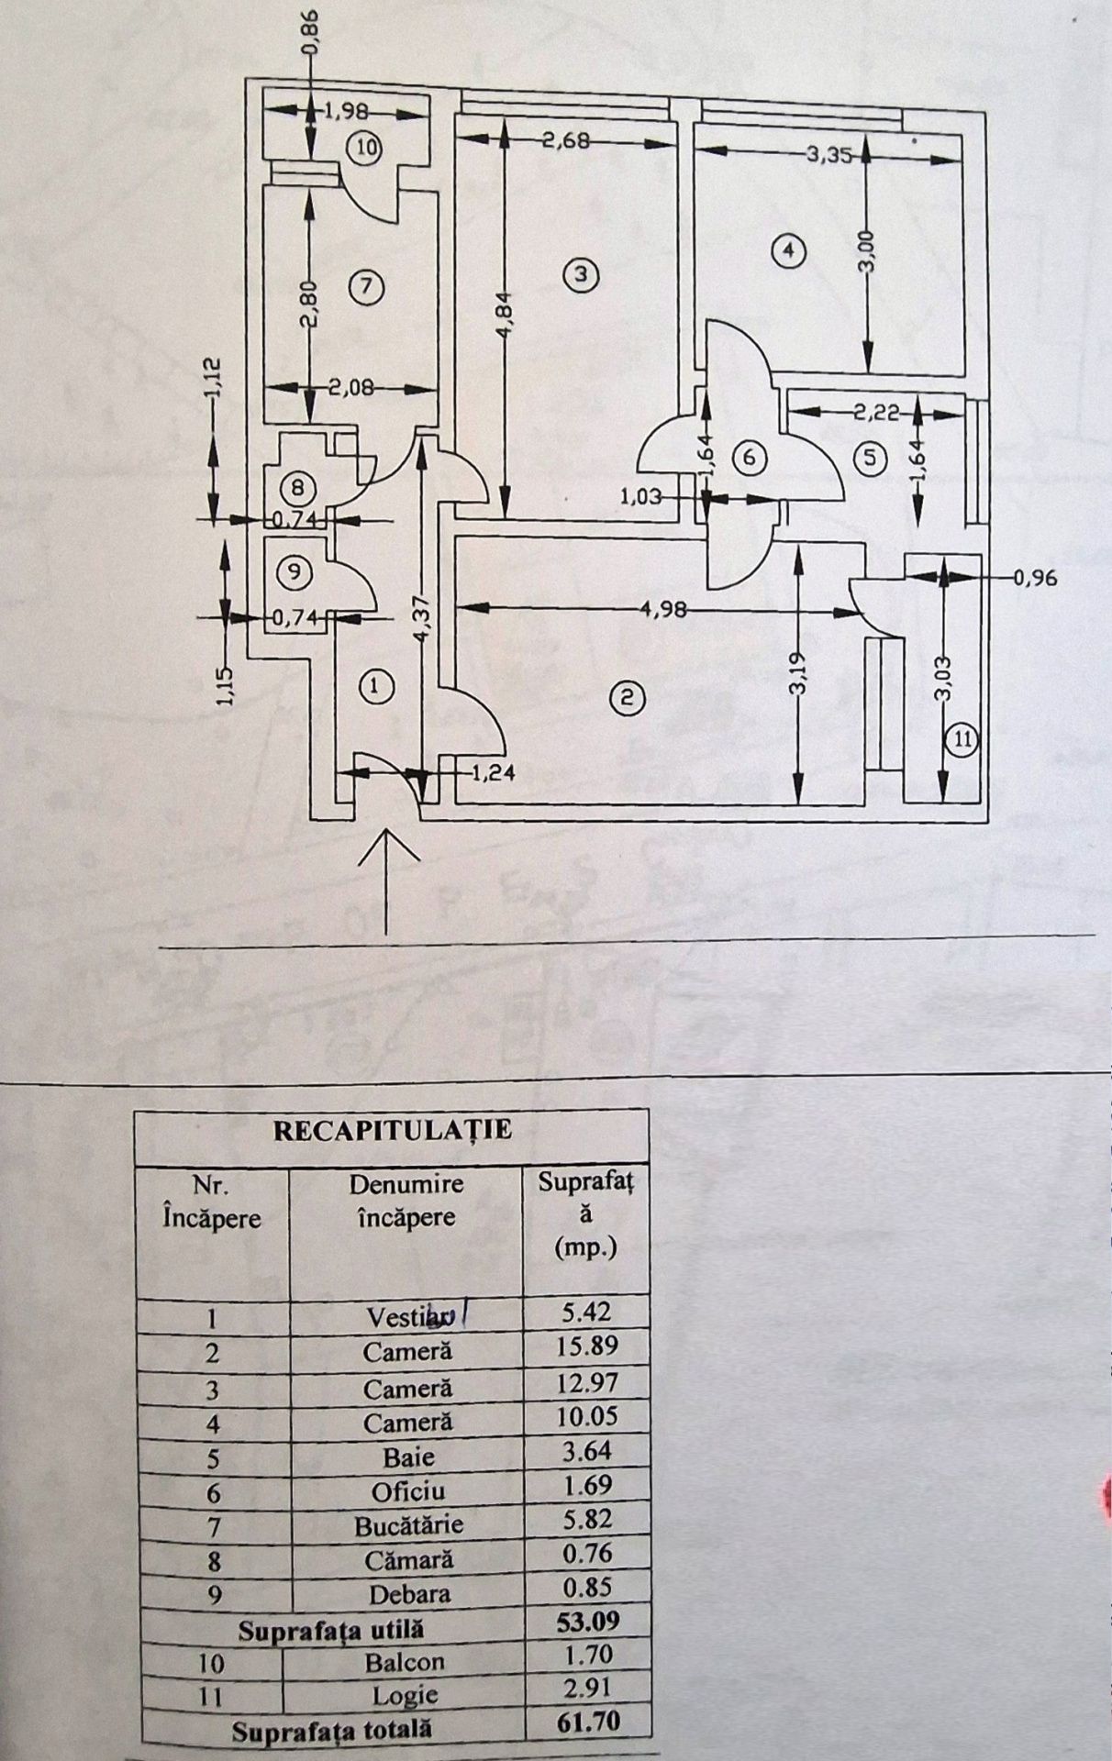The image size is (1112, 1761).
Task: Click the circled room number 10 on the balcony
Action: coord(366,148)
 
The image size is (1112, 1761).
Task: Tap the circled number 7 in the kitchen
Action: coord(365,287)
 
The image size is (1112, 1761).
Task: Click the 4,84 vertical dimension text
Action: coord(505,317)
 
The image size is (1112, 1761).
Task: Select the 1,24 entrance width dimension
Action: coord(493,773)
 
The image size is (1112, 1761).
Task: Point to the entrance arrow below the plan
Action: coord(387,882)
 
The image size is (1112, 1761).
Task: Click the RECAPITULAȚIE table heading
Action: coord(393,1129)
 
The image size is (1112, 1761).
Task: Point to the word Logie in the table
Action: coord(405,1696)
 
